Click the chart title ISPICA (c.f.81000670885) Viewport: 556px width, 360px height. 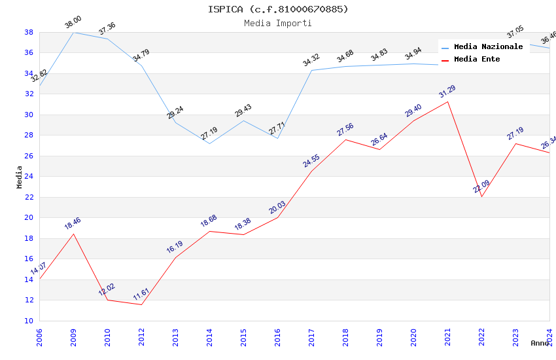pos(278,9)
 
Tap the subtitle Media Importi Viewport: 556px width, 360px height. pos(278,23)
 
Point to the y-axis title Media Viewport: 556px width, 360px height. pos(19,177)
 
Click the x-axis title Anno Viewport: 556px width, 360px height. pos(540,343)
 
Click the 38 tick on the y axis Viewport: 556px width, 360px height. pos(29,32)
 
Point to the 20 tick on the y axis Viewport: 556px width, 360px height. pos(29,217)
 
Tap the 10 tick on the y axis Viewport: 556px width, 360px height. pos(29,321)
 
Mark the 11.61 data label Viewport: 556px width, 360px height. pos(141,295)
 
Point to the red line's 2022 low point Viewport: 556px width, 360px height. pos(481,196)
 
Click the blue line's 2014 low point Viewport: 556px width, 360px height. pos(209,143)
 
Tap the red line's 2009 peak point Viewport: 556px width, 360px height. pos(73,234)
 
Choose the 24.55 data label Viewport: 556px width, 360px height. pos(311,161)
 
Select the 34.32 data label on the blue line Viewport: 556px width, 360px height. pos(311,61)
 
